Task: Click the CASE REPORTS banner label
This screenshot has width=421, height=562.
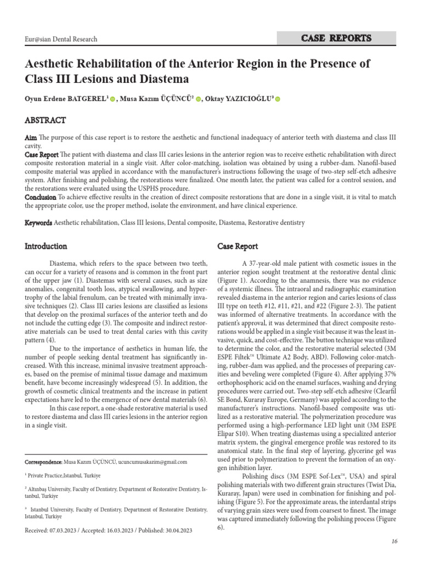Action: point(337,38)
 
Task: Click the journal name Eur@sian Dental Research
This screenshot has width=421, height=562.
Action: point(61,39)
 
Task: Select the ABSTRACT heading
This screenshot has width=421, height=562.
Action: point(45,120)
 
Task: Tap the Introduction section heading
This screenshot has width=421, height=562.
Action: point(46,246)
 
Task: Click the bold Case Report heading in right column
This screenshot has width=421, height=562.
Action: point(238,246)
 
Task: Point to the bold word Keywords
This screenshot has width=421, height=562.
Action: point(38,223)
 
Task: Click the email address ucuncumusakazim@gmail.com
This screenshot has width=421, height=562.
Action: point(148,462)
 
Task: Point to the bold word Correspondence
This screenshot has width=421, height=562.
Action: point(44,462)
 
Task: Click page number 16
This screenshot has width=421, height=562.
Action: point(394,542)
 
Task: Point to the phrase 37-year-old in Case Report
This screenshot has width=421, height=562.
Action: point(269,263)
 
